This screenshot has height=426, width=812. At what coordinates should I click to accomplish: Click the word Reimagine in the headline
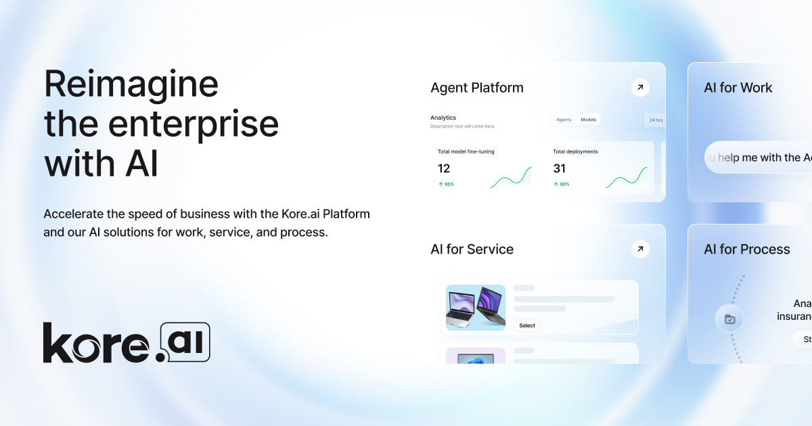click(x=131, y=86)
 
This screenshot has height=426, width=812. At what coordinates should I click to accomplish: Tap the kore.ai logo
click(x=127, y=343)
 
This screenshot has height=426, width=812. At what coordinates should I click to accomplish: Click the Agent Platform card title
click(x=477, y=88)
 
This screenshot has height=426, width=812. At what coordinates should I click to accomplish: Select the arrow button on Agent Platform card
click(x=640, y=87)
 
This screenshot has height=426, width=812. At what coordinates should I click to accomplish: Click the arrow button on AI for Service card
click(x=640, y=249)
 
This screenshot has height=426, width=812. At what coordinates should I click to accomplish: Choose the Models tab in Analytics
click(x=589, y=120)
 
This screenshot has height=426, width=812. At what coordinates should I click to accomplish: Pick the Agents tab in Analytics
click(x=564, y=120)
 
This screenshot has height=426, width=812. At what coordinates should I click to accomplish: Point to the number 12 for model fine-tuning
click(x=444, y=168)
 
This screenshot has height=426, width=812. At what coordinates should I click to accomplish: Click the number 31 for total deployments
click(x=559, y=168)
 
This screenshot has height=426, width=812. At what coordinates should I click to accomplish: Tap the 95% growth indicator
click(x=446, y=184)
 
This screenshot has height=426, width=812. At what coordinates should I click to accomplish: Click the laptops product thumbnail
click(x=476, y=308)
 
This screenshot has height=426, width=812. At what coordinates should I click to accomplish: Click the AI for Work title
click(x=738, y=88)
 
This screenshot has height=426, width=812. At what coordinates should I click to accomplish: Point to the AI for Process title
click(x=746, y=250)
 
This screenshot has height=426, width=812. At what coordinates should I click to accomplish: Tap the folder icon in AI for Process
click(x=729, y=319)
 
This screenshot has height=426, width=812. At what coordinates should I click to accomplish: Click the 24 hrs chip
click(x=656, y=120)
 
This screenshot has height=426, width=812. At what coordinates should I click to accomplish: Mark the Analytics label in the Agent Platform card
click(x=443, y=118)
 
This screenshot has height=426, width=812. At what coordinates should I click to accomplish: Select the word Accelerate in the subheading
click(x=74, y=214)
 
